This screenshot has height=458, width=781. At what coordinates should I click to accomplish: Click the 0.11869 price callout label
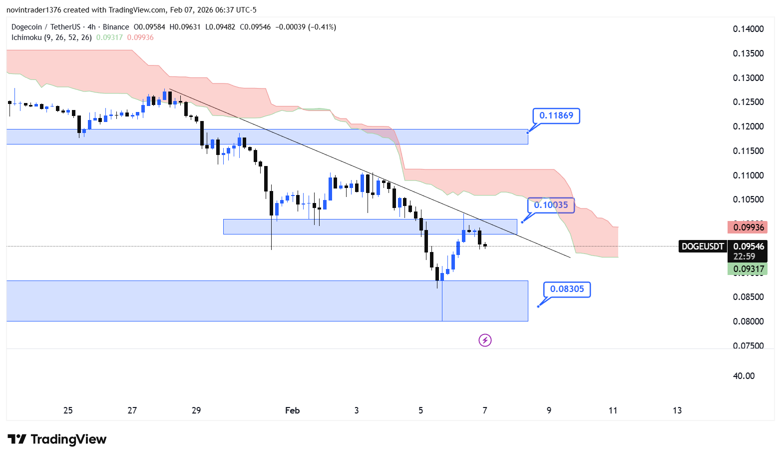(x=556, y=115)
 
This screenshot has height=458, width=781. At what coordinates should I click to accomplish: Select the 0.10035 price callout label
(x=551, y=205)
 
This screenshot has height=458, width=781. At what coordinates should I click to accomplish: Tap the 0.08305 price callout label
(x=567, y=289)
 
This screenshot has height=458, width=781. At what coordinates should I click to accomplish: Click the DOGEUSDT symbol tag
(x=703, y=246)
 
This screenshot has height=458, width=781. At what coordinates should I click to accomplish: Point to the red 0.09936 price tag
(x=748, y=227)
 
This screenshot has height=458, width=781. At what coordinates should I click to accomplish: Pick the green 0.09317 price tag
(x=748, y=269)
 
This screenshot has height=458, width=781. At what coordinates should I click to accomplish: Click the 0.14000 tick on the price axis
(x=748, y=29)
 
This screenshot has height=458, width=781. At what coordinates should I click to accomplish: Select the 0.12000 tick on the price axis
(x=748, y=126)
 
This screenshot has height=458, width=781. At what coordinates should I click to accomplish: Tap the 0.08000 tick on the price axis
(x=748, y=321)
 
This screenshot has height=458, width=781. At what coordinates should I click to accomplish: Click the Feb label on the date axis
(x=292, y=410)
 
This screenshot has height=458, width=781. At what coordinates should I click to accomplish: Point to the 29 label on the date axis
(x=196, y=410)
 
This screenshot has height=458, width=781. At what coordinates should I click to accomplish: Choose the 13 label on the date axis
(x=677, y=410)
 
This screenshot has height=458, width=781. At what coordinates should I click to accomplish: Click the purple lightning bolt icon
(x=485, y=340)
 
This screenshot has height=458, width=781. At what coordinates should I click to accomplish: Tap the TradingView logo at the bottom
(x=57, y=439)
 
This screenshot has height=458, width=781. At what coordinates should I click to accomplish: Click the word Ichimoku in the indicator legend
(x=26, y=37)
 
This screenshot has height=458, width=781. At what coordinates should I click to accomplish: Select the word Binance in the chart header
(x=116, y=27)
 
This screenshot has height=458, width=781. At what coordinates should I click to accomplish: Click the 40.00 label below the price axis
(x=744, y=376)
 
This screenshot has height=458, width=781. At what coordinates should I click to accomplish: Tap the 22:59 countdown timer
(x=744, y=256)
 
